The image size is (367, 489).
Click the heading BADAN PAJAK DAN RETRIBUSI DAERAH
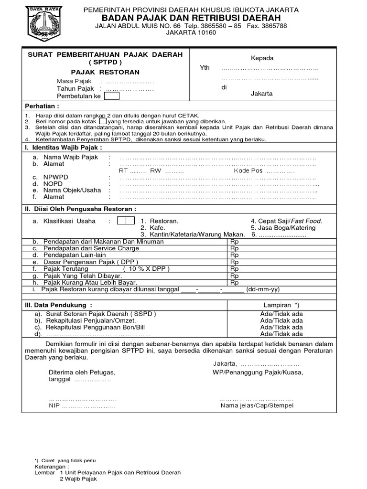click(191, 18)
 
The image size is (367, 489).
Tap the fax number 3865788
click(274, 26)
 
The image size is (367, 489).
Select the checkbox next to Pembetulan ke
click(112, 96)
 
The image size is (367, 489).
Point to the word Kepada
click(262, 58)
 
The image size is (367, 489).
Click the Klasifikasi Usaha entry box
click(126, 221)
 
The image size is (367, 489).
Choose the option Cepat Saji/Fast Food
click(286, 221)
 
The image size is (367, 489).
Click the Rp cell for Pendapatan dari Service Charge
click(234, 248)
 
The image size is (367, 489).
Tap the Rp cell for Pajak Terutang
click(234, 269)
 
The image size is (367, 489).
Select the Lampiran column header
click(281, 305)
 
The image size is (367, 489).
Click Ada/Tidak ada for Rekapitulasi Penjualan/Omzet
click(281, 320)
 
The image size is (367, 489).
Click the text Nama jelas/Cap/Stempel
click(257, 406)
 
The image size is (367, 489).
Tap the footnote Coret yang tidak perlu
click(67, 460)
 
